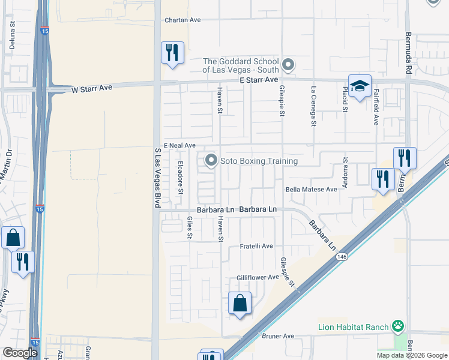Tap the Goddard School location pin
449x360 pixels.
coord(288,64)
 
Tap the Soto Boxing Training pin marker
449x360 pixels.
coord(211,161)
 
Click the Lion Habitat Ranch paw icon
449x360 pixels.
coord(397,327)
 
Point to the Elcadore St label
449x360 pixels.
coord(179,177)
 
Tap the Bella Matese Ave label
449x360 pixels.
coord(311,189)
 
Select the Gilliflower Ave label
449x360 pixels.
coord(258,277)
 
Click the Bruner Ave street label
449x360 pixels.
coord(280,336)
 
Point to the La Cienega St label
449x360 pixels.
coord(313,106)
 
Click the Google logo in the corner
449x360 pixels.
coord(20,353)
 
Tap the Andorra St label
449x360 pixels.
coord(345,173)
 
